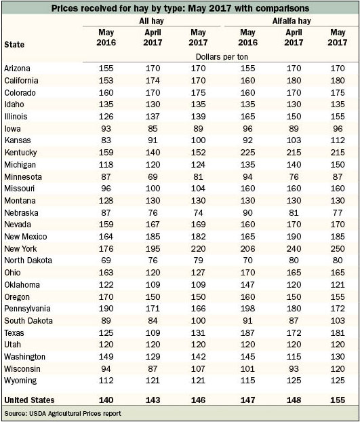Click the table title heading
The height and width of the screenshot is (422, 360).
coord(180,8)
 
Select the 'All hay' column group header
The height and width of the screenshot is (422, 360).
coord(151,21)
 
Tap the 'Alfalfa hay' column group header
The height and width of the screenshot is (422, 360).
coord(292,21)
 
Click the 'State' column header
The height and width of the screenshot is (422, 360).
coord(14,44)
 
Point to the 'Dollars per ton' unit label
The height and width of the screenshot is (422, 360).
coord(222,57)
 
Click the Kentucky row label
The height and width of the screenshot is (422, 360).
coord(20,153)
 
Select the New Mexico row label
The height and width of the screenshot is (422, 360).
coord(26,237)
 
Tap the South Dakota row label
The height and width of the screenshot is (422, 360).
coord(28,320)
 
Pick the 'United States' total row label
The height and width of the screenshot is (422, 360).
coord(29,400)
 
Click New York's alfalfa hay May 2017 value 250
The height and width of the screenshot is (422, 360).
coord(338,249)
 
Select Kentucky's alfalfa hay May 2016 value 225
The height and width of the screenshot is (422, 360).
coord(247,153)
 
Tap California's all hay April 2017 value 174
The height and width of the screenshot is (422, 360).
coord(153,81)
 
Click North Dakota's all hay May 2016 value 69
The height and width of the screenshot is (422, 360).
coord(106,261)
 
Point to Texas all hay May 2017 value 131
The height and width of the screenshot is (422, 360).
coord(198,333)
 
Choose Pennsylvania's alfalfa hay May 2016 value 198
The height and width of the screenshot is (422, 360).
coord(247,309)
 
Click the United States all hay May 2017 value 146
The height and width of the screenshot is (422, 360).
coord(198,400)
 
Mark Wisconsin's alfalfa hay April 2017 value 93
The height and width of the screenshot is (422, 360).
coord(294,368)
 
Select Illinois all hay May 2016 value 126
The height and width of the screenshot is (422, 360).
coord(106,117)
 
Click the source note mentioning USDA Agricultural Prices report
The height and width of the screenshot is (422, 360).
coord(62,413)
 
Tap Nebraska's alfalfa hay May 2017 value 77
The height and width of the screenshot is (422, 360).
coord(338,213)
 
